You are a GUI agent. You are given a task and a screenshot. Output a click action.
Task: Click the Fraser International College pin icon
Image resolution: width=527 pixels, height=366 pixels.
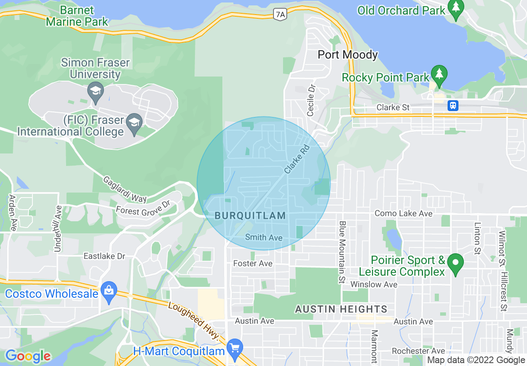pyautogui.click(x=134, y=124)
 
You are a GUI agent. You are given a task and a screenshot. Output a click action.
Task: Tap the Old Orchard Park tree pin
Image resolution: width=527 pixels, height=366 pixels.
pyautogui.click(x=456, y=9)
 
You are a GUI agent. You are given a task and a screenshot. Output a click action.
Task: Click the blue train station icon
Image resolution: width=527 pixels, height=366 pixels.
pyautogui.click(x=453, y=105)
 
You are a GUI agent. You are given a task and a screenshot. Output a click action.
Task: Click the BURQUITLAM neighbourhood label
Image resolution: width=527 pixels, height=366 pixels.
pyautogui.click(x=250, y=215)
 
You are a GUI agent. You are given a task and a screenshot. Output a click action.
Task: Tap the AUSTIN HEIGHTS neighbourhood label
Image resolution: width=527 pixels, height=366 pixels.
pyautogui.click(x=341, y=309)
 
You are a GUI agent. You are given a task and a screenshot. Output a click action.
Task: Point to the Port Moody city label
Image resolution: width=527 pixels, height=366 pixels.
pyautogui.click(x=347, y=54)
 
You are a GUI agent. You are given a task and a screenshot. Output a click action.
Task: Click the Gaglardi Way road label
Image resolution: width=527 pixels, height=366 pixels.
pyautogui.click(x=125, y=189)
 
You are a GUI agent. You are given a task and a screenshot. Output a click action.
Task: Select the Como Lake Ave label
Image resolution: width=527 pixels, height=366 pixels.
pyautogui.click(x=404, y=213)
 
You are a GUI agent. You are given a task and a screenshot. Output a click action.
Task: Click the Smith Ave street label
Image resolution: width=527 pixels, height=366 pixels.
pyautogui.click(x=263, y=237)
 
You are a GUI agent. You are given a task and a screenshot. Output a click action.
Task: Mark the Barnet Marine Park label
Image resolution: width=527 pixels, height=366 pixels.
pyautogui.click(x=77, y=16)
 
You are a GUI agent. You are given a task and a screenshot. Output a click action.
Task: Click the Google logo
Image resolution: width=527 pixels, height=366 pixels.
pyautogui.click(x=28, y=356)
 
